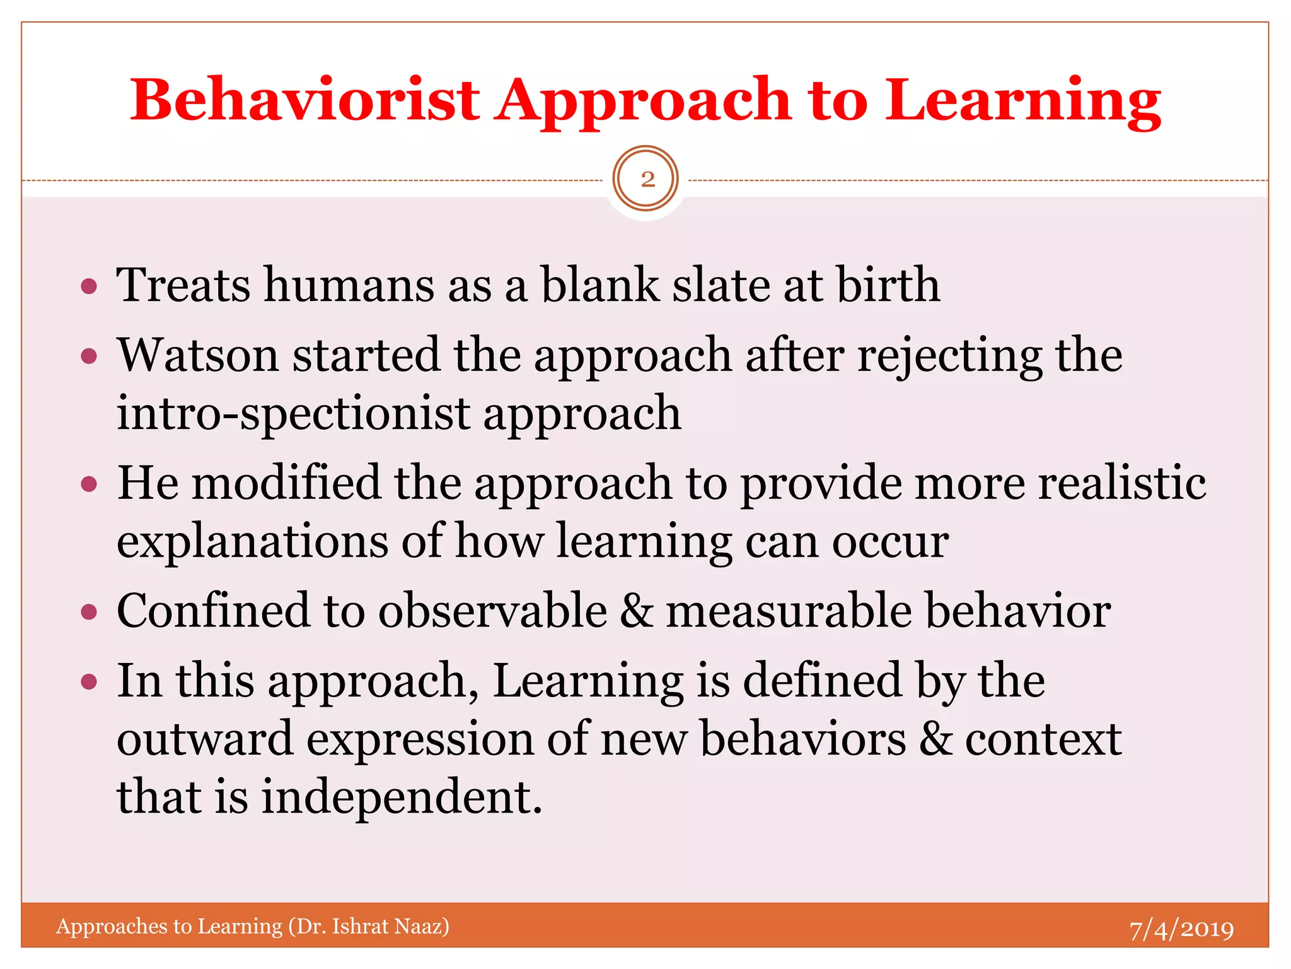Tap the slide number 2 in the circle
pyautogui.click(x=647, y=179)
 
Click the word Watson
pyautogui.click(x=198, y=355)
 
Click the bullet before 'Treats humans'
pyautogui.click(x=90, y=287)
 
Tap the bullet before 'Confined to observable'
pyautogui.click(x=90, y=612)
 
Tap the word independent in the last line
pyautogui.click(x=402, y=796)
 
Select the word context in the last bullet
pyautogui.click(x=1043, y=739)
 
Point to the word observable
pyautogui.click(x=492, y=611)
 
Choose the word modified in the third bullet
pyautogui.click(x=286, y=483)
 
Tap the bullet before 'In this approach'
pyautogui.click(x=90, y=681)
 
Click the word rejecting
pyautogui.click(x=949, y=355)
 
